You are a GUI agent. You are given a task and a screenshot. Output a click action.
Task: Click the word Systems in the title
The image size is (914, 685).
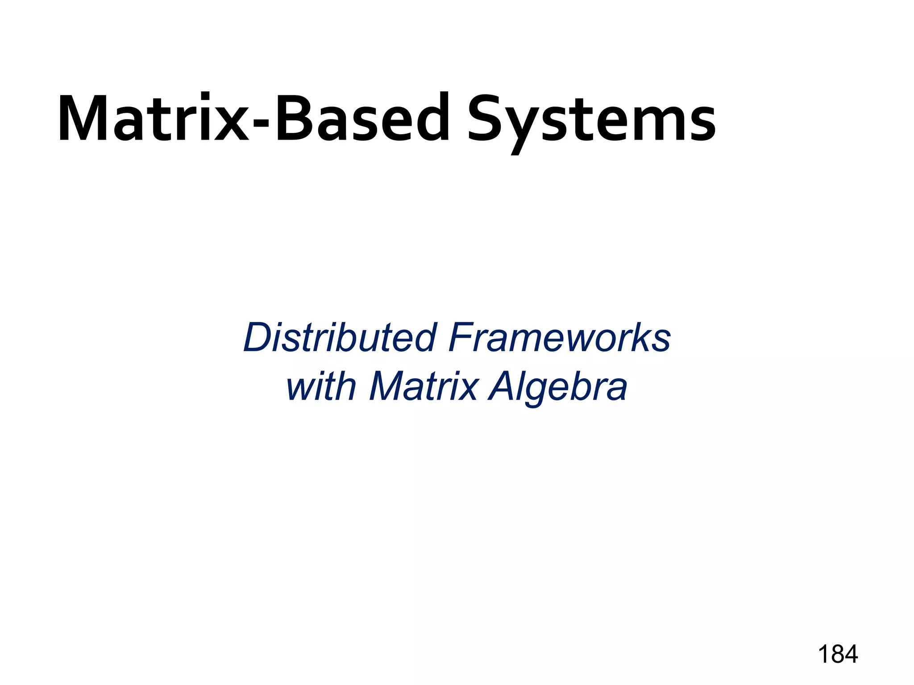[x=591, y=120]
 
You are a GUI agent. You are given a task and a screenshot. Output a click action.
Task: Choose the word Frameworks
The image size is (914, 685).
[x=560, y=338]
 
